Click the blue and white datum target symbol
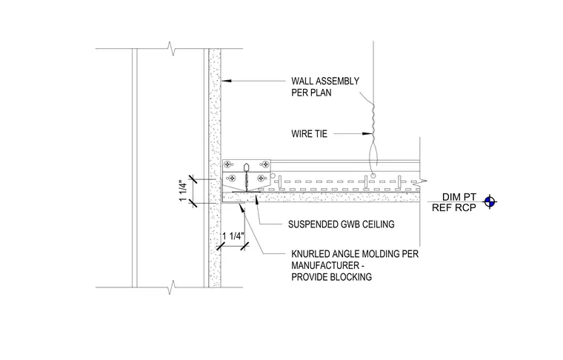pos(490,201)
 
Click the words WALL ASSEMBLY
pos(325,81)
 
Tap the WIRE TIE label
pos(309,134)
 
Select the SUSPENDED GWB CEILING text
pos(341,224)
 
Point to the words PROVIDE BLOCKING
pos(331,277)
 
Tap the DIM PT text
pos(459,197)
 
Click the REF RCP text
pos(454,207)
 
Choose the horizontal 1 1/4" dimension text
pos(233,236)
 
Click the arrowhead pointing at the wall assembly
pos(225,81)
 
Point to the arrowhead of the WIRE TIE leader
pos(367,134)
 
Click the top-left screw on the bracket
pos(227,164)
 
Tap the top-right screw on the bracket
pos(265,164)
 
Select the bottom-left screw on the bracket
pos(233,178)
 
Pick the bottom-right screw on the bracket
pos(261,178)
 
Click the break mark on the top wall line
pos(173,48)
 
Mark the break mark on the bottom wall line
pos(173,287)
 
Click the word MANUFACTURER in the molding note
pos(325,266)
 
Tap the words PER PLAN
pos(311,93)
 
